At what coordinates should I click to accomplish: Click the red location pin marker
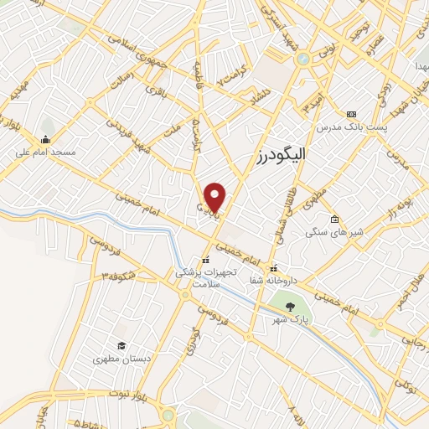tap(215, 197)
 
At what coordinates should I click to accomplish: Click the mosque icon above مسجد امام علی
tap(44, 139)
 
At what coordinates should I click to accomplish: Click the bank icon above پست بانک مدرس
tap(351, 114)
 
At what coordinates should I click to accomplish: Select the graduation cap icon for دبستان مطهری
tap(121, 345)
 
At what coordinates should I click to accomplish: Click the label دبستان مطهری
tap(122, 359)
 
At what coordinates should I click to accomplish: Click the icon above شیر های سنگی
tap(334, 220)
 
